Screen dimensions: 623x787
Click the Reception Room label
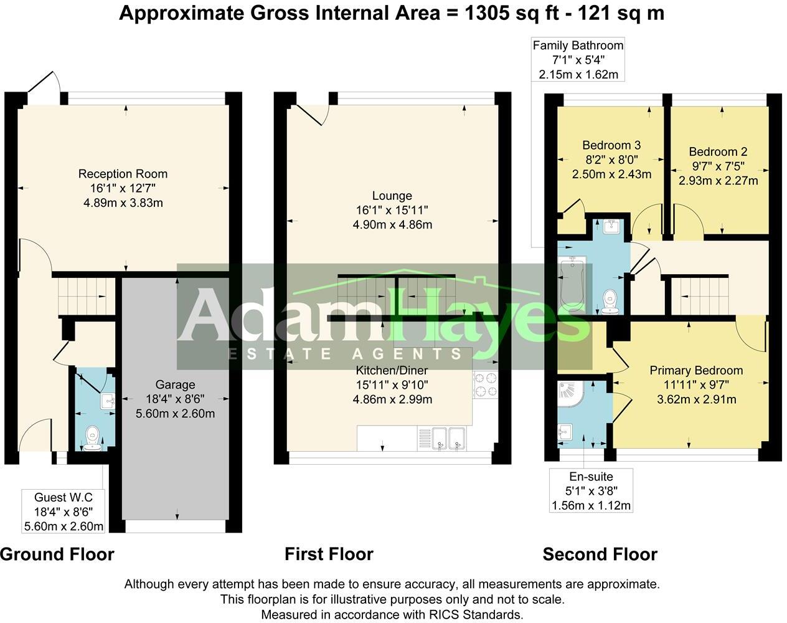[123, 174]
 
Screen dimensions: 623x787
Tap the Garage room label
[175, 385]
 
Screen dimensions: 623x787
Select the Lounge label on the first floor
[392, 196]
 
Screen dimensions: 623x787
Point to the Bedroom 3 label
[611, 146]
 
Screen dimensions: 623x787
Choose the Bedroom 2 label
[718, 152]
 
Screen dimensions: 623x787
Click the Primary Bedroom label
[696, 371]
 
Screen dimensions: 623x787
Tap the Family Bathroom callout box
[577, 60]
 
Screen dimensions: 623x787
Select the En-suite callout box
[591, 490]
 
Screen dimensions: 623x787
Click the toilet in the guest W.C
[93, 436]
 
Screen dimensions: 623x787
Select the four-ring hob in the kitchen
[485, 384]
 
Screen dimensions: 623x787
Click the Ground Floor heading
[57, 554]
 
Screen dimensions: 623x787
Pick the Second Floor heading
[600, 554]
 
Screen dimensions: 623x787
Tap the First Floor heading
[329, 554]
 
